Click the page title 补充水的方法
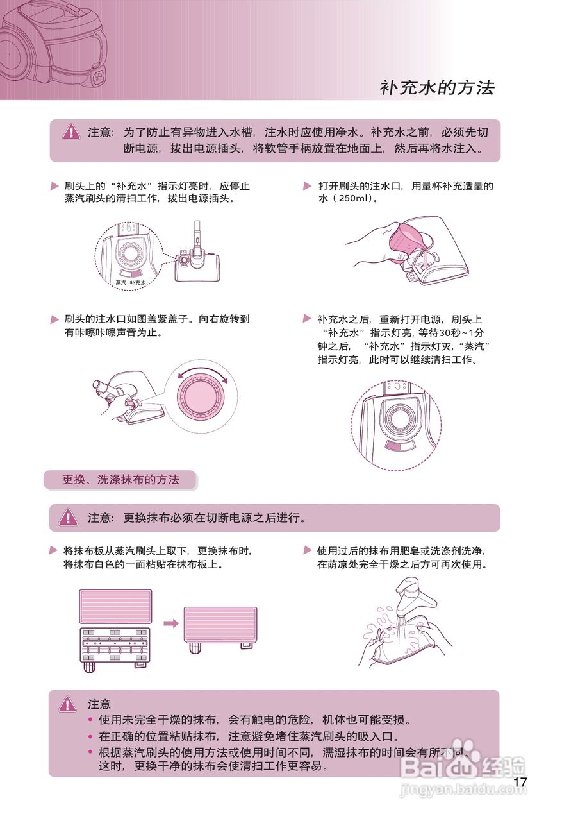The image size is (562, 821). coord(437,88)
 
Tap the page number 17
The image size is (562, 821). coord(520,783)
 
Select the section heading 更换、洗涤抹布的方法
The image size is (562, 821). coord(120,480)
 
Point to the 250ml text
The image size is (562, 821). coord(349,199)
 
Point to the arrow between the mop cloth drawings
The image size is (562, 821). coord(170,623)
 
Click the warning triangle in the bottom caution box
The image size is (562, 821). coord(67,705)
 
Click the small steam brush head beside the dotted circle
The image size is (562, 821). coord(199,263)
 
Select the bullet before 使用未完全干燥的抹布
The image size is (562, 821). coord(90,720)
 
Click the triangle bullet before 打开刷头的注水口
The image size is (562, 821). coord(307,187)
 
